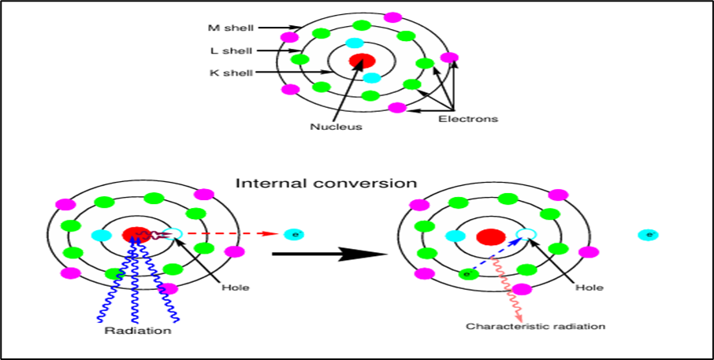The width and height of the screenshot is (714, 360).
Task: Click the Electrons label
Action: click(468, 119)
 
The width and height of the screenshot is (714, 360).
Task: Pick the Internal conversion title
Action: click(326, 183)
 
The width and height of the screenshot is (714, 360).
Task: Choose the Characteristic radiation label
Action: click(536, 326)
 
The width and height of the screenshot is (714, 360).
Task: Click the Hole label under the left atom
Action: click(235, 288)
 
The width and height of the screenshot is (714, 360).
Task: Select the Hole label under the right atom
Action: click(589, 288)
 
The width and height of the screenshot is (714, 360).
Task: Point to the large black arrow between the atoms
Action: click(331, 254)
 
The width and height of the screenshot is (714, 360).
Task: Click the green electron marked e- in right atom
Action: click(468, 274)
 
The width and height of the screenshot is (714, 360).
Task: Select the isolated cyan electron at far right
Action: click(649, 235)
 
